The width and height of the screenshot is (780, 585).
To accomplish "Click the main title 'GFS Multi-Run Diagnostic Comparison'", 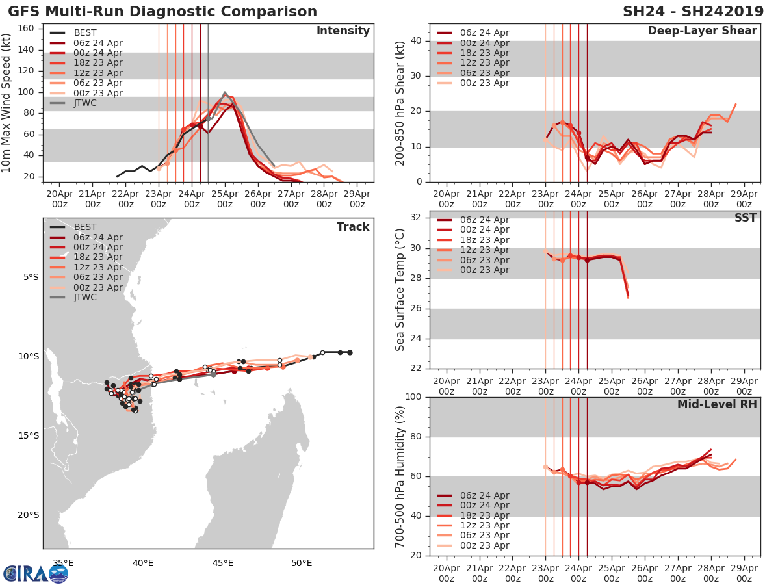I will pyautogui.click(x=162, y=12).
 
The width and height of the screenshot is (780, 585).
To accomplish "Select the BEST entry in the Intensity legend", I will pyautogui.click(x=85, y=33).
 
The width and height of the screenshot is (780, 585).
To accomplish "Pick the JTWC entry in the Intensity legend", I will pyautogui.click(x=85, y=103).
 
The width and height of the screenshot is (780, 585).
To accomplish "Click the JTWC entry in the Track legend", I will pyautogui.click(x=85, y=298).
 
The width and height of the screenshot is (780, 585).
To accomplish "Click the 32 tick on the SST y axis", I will pyautogui.click(x=416, y=218).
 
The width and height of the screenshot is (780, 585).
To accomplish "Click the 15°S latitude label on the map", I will pyautogui.click(x=31, y=435).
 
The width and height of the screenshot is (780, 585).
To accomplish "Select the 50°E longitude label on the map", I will pyautogui.click(x=302, y=563).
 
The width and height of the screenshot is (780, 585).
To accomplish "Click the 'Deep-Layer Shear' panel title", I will pyautogui.click(x=702, y=31).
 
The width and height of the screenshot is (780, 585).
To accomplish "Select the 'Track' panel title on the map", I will pyautogui.click(x=353, y=227).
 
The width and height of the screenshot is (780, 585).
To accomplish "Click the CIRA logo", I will pyautogui.click(x=35, y=573).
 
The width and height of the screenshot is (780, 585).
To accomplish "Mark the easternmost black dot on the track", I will pyautogui.click(x=350, y=352).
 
